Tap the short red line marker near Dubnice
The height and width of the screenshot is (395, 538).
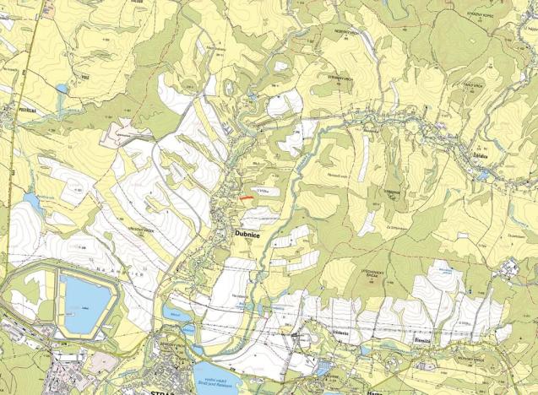[x=244, y=198]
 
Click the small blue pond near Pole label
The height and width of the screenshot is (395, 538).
[x=62, y=88]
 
